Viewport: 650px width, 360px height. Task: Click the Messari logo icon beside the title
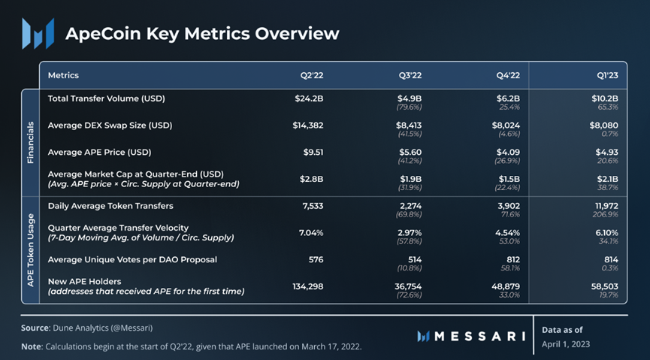(38, 33)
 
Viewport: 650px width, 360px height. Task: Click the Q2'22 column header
(311, 75)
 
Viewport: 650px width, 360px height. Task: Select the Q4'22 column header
(509, 75)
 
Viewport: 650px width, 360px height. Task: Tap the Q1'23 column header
(606, 75)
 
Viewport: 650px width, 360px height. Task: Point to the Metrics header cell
(63, 75)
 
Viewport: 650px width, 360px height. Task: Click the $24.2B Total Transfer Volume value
(309, 98)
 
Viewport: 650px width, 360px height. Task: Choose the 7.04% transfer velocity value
(311, 232)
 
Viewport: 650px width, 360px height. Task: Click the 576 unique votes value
(316, 259)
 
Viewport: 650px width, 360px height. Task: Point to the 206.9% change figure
(606, 214)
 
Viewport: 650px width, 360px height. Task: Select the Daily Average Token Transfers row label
(110, 205)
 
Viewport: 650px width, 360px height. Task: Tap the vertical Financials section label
(31, 141)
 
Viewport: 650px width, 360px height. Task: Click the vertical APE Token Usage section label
(31, 249)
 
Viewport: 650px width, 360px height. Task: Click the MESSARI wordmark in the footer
(471, 336)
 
